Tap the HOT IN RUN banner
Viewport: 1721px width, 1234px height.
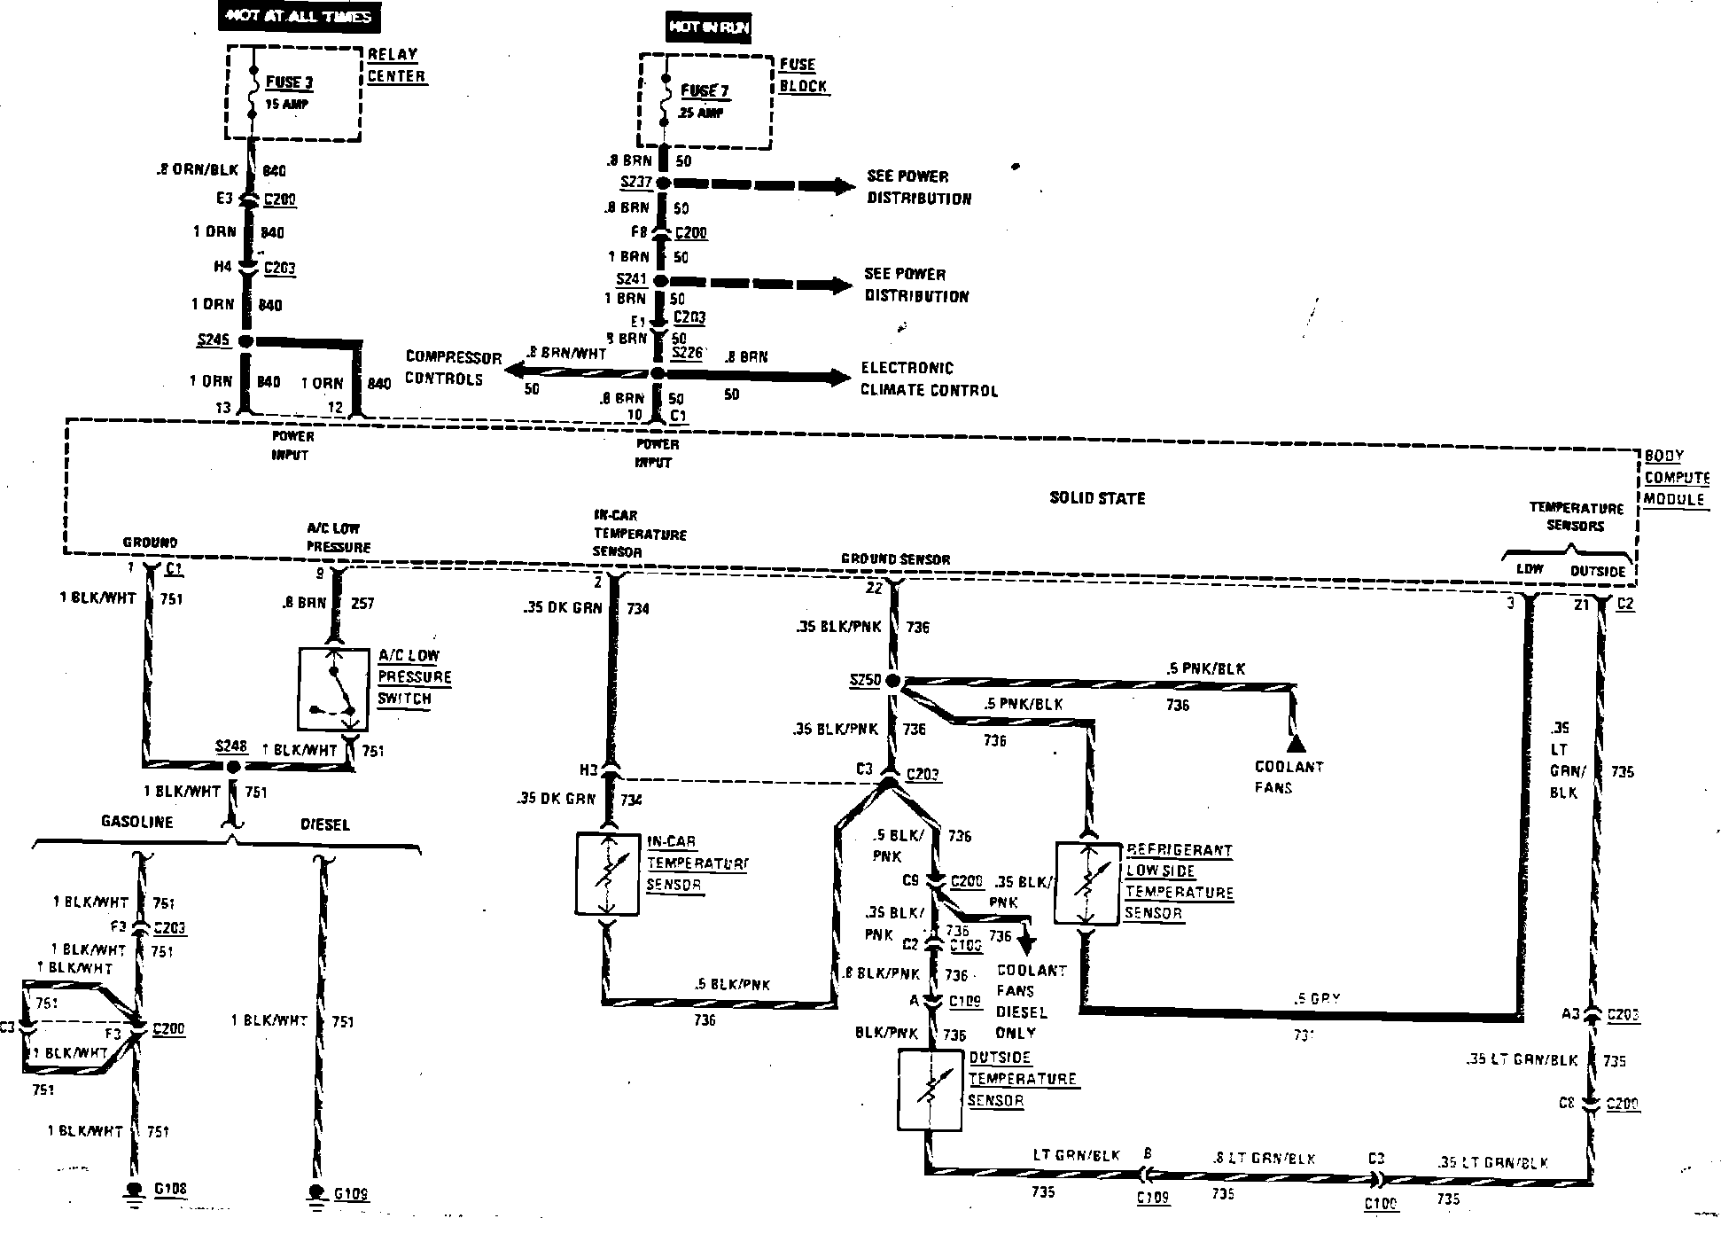pos(708,27)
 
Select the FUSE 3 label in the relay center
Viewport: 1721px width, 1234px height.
pos(290,82)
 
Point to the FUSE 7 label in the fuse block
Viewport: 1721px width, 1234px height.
pos(705,90)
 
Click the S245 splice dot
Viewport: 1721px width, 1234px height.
pos(247,341)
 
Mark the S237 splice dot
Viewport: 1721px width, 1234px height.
pos(661,184)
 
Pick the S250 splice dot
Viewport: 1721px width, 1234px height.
pos(892,681)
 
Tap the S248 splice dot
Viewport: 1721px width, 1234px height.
pos(233,767)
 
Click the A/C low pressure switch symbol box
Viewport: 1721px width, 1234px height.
pos(333,689)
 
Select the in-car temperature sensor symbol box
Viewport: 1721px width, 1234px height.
pos(608,873)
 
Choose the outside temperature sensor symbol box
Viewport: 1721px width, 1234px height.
pos(930,1090)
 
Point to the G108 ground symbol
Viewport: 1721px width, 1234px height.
pos(135,1191)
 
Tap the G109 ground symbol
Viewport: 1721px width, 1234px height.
pos(316,1193)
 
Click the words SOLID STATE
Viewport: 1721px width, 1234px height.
pos(1097,498)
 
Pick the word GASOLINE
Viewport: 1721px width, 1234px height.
pos(136,822)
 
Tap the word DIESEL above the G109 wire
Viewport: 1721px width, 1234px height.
pos(324,824)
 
